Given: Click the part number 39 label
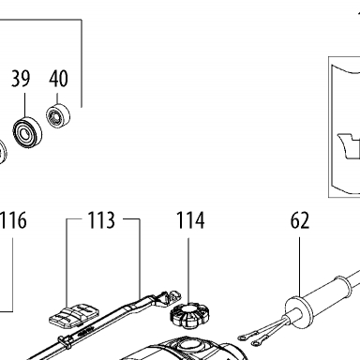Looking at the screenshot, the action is (21, 79).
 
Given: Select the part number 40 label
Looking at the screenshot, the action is (58, 79).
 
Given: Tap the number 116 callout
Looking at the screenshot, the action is (13, 220).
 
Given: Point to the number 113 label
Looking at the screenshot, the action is (101, 220).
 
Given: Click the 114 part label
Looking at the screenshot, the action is (190, 220).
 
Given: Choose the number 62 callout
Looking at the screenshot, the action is (300, 220).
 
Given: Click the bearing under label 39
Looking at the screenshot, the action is (27, 131).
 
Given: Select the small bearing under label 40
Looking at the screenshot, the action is (58, 115).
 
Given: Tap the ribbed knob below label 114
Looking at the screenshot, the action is (189, 316).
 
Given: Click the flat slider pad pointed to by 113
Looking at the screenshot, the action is (74, 316).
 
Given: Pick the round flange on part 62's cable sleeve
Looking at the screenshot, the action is (299, 313).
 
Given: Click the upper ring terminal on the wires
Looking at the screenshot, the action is (243, 337).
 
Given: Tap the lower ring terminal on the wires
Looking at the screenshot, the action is (257, 343).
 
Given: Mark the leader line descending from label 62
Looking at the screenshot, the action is (299, 268).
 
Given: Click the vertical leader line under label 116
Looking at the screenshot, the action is (13, 275).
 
